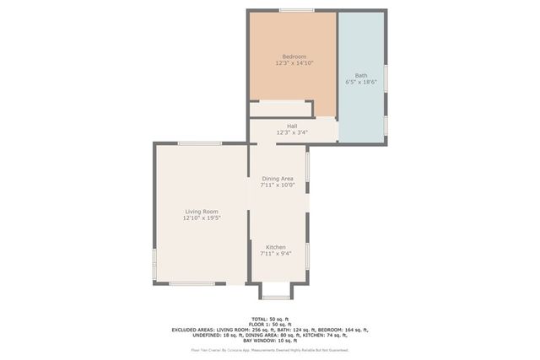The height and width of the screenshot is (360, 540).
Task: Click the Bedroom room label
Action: [294, 56]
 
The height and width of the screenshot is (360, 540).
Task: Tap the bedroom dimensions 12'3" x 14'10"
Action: [294, 63]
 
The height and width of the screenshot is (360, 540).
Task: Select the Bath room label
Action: [361, 75]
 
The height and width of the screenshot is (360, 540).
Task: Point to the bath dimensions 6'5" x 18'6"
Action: [361, 82]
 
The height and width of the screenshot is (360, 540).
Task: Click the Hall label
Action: [292, 126]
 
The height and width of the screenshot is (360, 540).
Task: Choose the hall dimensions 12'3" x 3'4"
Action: [292, 132]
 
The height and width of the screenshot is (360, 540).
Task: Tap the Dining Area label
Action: [278, 179]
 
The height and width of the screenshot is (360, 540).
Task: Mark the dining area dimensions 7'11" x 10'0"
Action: [278, 185]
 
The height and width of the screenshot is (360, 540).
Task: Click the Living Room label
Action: [202, 212]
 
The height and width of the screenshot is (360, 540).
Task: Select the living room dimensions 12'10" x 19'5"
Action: [202, 218]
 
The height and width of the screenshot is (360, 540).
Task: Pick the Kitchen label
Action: [276, 247]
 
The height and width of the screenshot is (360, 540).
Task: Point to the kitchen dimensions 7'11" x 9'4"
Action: [276, 254]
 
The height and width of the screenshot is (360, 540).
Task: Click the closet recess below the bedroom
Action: [281, 108]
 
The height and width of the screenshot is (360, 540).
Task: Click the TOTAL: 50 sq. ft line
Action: [269, 319]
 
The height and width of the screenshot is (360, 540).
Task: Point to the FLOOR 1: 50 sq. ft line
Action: [269, 325]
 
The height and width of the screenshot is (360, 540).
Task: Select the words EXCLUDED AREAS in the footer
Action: [193, 330]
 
